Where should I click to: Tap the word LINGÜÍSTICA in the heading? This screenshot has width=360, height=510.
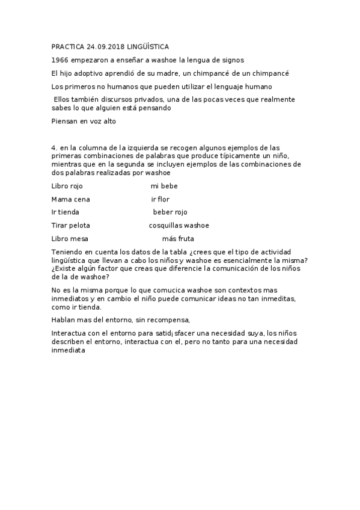click(x=148, y=46)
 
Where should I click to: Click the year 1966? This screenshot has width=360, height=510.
click(x=60, y=60)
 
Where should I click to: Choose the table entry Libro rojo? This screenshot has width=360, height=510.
click(x=67, y=186)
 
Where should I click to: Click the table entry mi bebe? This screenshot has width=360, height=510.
click(x=164, y=186)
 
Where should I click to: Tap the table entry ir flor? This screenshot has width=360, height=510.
click(x=160, y=199)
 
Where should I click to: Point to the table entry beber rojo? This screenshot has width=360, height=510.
click(x=170, y=212)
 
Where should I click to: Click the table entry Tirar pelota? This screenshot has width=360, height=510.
click(x=71, y=226)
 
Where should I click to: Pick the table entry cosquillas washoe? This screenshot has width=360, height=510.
click(x=179, y=226)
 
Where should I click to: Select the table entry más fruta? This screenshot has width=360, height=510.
click(x=178, y=239)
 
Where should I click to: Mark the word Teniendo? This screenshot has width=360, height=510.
click(x=67, y=252)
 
